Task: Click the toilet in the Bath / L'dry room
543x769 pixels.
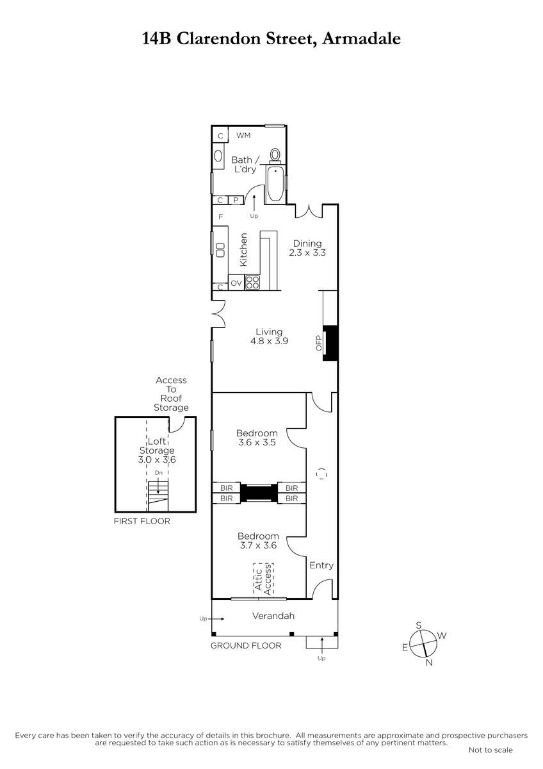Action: tap(275, 156)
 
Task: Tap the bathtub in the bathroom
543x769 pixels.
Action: tap(275, 185)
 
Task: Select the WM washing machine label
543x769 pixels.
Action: tap(243, 135)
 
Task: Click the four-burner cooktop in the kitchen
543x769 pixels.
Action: tap(252, 283)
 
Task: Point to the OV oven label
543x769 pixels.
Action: tap(236, 283)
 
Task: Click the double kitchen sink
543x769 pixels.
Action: tap(220, 249)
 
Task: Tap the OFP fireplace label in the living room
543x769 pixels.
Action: tap(319, 343)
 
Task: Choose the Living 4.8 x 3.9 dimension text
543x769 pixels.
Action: tap(270, 336)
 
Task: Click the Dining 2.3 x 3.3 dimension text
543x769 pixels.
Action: tap(307, 248)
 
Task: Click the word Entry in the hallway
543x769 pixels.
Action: tap(321, 565)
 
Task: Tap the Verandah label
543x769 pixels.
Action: tap(273, 616)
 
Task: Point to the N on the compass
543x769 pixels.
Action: tap(429, 663)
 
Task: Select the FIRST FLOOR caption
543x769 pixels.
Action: tap(142, 521)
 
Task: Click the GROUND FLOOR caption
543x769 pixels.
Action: tap(246, 646)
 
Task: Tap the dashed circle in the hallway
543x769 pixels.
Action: tap(321, 474)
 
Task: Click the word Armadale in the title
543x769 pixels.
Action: tap(362, 38)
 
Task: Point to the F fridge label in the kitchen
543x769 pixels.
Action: tap(221, 217)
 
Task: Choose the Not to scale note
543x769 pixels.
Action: tap(490, 750)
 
